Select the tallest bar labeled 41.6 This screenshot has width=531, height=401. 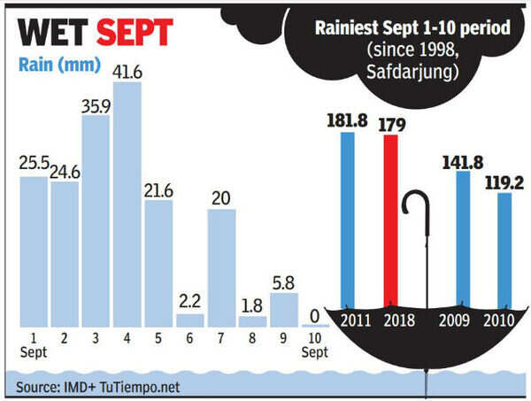coord(127,204)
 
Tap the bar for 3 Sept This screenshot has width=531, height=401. coord(96,220)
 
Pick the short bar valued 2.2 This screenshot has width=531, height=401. coord(190,320)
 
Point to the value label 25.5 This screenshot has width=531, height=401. coord(34,164)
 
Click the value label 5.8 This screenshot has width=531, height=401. coord(285,281)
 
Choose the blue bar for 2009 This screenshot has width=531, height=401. coord(462,239)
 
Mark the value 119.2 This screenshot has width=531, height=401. coord(504,181)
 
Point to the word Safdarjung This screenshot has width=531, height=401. coord(413,66)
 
